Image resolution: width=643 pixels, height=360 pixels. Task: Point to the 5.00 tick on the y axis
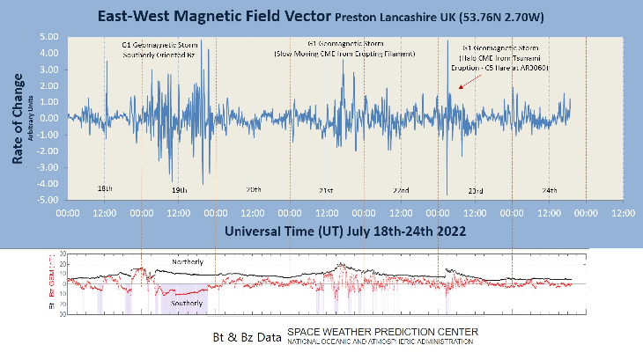pyautogui.click(x=48, y=37)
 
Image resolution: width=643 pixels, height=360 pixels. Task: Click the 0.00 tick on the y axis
pyautogui.click(x=48, y=119)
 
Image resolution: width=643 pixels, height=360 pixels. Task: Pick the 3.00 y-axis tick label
pyautogui.click(x=48, y=70)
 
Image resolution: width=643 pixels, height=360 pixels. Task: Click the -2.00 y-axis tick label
pyautogui.click(x=47, y=151)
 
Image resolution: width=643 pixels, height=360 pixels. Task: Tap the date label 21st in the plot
pyautogui.click(x=326, y=190)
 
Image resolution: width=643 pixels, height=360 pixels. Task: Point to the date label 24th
pyautogui.click(x=549, y=190)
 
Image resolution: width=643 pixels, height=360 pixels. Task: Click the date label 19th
pyautogui.click(x=178, y=190)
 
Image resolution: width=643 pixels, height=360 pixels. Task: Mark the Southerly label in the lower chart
pyautogui.click(x=187, y=303)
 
